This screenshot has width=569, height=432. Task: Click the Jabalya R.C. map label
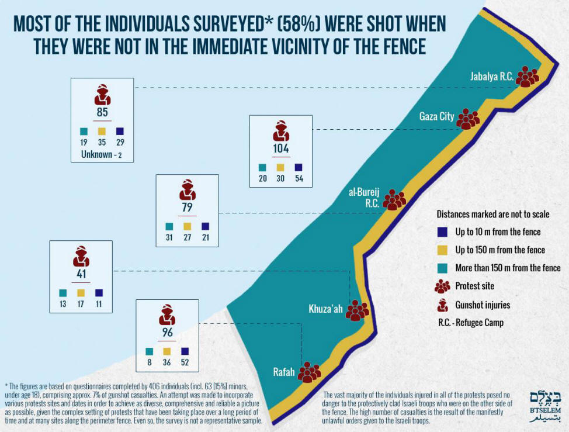pyautogui.click(x=491, y=77)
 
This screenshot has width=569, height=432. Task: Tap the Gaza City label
pyautogui.click(x=436, y=117)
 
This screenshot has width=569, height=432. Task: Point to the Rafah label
pyautogui.click(x=284, y=371)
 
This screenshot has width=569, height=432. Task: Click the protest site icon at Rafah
pyautogui.click(x=309, y=372)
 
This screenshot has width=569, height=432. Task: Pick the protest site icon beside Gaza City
pyautogui.click(x=467, y=119)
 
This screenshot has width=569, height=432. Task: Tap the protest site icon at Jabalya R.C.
pyautogui.click(x=527, y=76)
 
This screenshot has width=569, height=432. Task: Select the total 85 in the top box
pyautogui.click(x=102, y=112)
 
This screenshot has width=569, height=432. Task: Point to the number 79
pyautogui.click(x=188, y=208)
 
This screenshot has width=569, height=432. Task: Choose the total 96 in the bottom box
pyautogui.click(x=167, y=333)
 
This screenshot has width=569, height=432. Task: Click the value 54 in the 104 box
pyautogui.click(x=299, y=178)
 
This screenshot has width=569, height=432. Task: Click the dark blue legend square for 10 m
pyautogui.click(x=442, y=231)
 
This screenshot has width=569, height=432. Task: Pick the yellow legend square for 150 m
pyautogui.click(x=442, y=250)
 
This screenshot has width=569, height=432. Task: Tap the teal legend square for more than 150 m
pyautogui.click(x=442, y=268)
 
